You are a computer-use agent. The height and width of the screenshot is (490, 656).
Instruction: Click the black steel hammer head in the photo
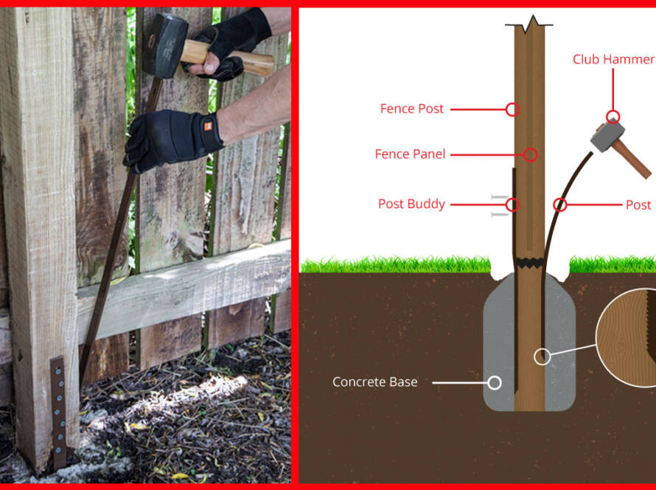[x=165, y=45]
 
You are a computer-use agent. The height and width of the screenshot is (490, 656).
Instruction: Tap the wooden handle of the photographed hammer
[x=228, y=58]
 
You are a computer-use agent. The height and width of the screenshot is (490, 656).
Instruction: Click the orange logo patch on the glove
[x=208, y=126]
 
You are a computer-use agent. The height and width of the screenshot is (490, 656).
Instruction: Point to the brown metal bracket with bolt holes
[x=58, y=412]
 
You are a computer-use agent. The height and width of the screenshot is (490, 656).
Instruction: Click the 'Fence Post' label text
[x=412, y=109]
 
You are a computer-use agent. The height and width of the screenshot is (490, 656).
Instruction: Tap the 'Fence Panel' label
[x=410, y=154]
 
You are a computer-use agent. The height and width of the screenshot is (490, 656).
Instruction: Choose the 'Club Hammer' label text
[x=613, y=60]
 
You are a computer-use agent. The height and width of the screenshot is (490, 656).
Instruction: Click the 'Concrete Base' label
[x=375, y=382]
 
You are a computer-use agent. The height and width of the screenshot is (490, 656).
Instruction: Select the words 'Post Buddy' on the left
[x=412, y=204]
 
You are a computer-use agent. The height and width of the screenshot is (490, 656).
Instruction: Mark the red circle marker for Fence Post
[x=512, y=109]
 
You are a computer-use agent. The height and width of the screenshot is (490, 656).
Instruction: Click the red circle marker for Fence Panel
[x=531, y=155]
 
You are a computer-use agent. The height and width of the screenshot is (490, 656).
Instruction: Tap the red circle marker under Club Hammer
[x=613, y=117]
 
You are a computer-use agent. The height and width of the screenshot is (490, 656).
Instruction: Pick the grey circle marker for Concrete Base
[x=495, y=382]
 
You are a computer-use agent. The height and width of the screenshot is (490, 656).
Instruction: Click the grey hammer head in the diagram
[x=607, y=136]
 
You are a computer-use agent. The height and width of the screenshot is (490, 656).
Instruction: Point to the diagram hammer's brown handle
[x=632, y=159]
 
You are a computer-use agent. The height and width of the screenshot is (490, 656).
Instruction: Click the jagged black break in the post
[x=530, y=263]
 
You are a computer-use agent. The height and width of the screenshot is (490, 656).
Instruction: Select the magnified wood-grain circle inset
[x=626, y=337]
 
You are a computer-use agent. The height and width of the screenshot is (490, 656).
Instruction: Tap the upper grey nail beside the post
[x=500, y=196]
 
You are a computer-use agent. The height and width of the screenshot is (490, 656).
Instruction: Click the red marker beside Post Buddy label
[x=512, y=205]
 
